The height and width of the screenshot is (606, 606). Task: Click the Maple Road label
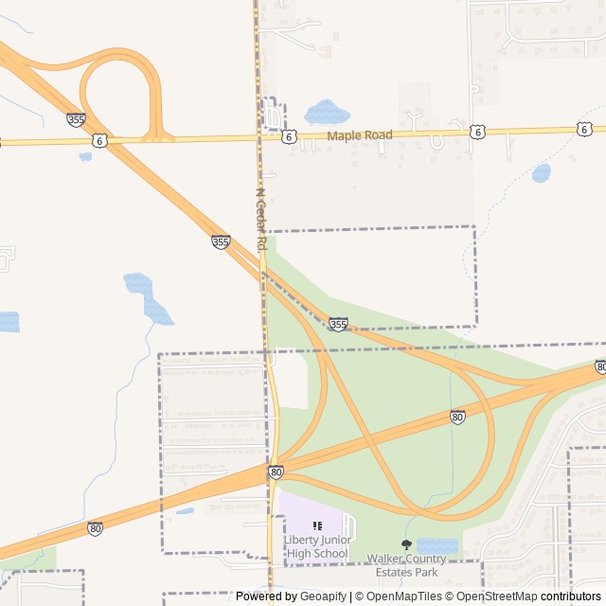pos(360,135)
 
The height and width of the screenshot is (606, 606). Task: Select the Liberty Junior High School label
pos(317,546)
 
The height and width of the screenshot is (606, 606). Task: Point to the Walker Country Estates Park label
pos(407,565)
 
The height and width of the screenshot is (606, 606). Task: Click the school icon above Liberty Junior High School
pos(317,526)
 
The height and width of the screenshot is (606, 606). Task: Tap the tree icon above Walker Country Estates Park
pos(407,544)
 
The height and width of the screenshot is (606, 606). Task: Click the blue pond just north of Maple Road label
pos(327,112)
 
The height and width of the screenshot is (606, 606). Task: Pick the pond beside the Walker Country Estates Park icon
pos(437,546)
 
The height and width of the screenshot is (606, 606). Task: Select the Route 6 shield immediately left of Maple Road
pos(288,136)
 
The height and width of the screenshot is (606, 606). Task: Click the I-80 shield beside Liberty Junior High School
pos(276,472)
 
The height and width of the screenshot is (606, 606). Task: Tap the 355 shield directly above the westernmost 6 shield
pos(76,119)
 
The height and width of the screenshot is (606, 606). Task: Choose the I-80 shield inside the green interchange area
pos(457,417)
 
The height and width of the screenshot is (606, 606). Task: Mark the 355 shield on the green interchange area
pos(338,325)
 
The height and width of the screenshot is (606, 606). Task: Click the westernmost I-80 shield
pos(96,528)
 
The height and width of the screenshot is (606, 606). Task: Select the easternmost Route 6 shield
pos(584,129)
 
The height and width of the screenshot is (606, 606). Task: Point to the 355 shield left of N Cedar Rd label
pos(221,242)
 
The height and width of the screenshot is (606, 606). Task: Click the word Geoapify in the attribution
pos(324,597)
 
